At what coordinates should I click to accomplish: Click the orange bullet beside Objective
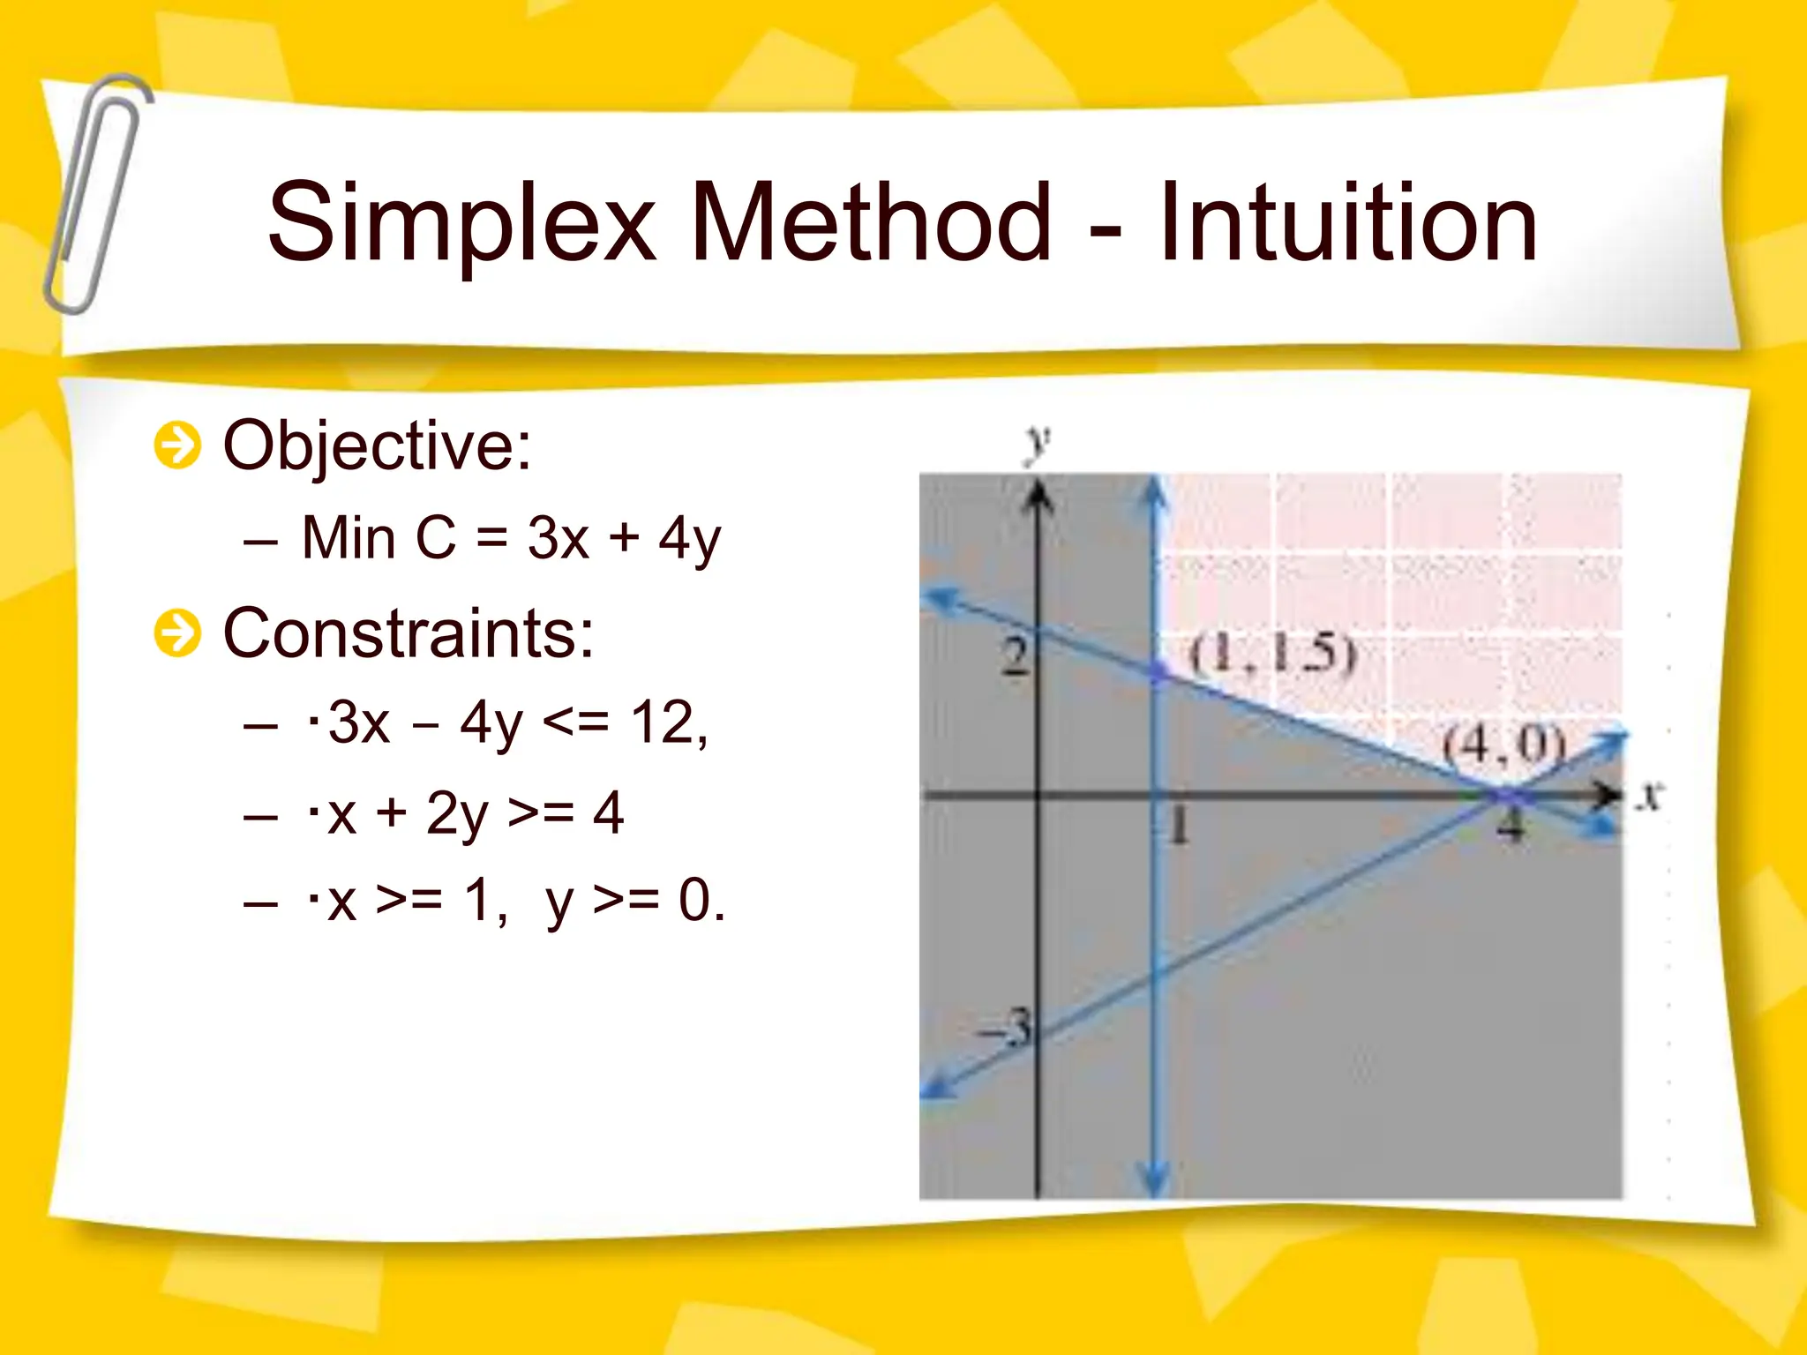pyautogui.click(x=177, y=445)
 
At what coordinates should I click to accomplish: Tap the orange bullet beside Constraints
pyautogui.click(x=177, y=633)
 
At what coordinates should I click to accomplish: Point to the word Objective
pyautogui.click(x=377, y=445)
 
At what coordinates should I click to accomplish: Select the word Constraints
pyautogui.click(x=409, y=633)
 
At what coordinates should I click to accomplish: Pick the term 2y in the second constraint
pyautogui.click(x=457, y=813)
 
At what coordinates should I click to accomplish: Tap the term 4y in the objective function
pyautogui.click(x=689, y=539)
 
